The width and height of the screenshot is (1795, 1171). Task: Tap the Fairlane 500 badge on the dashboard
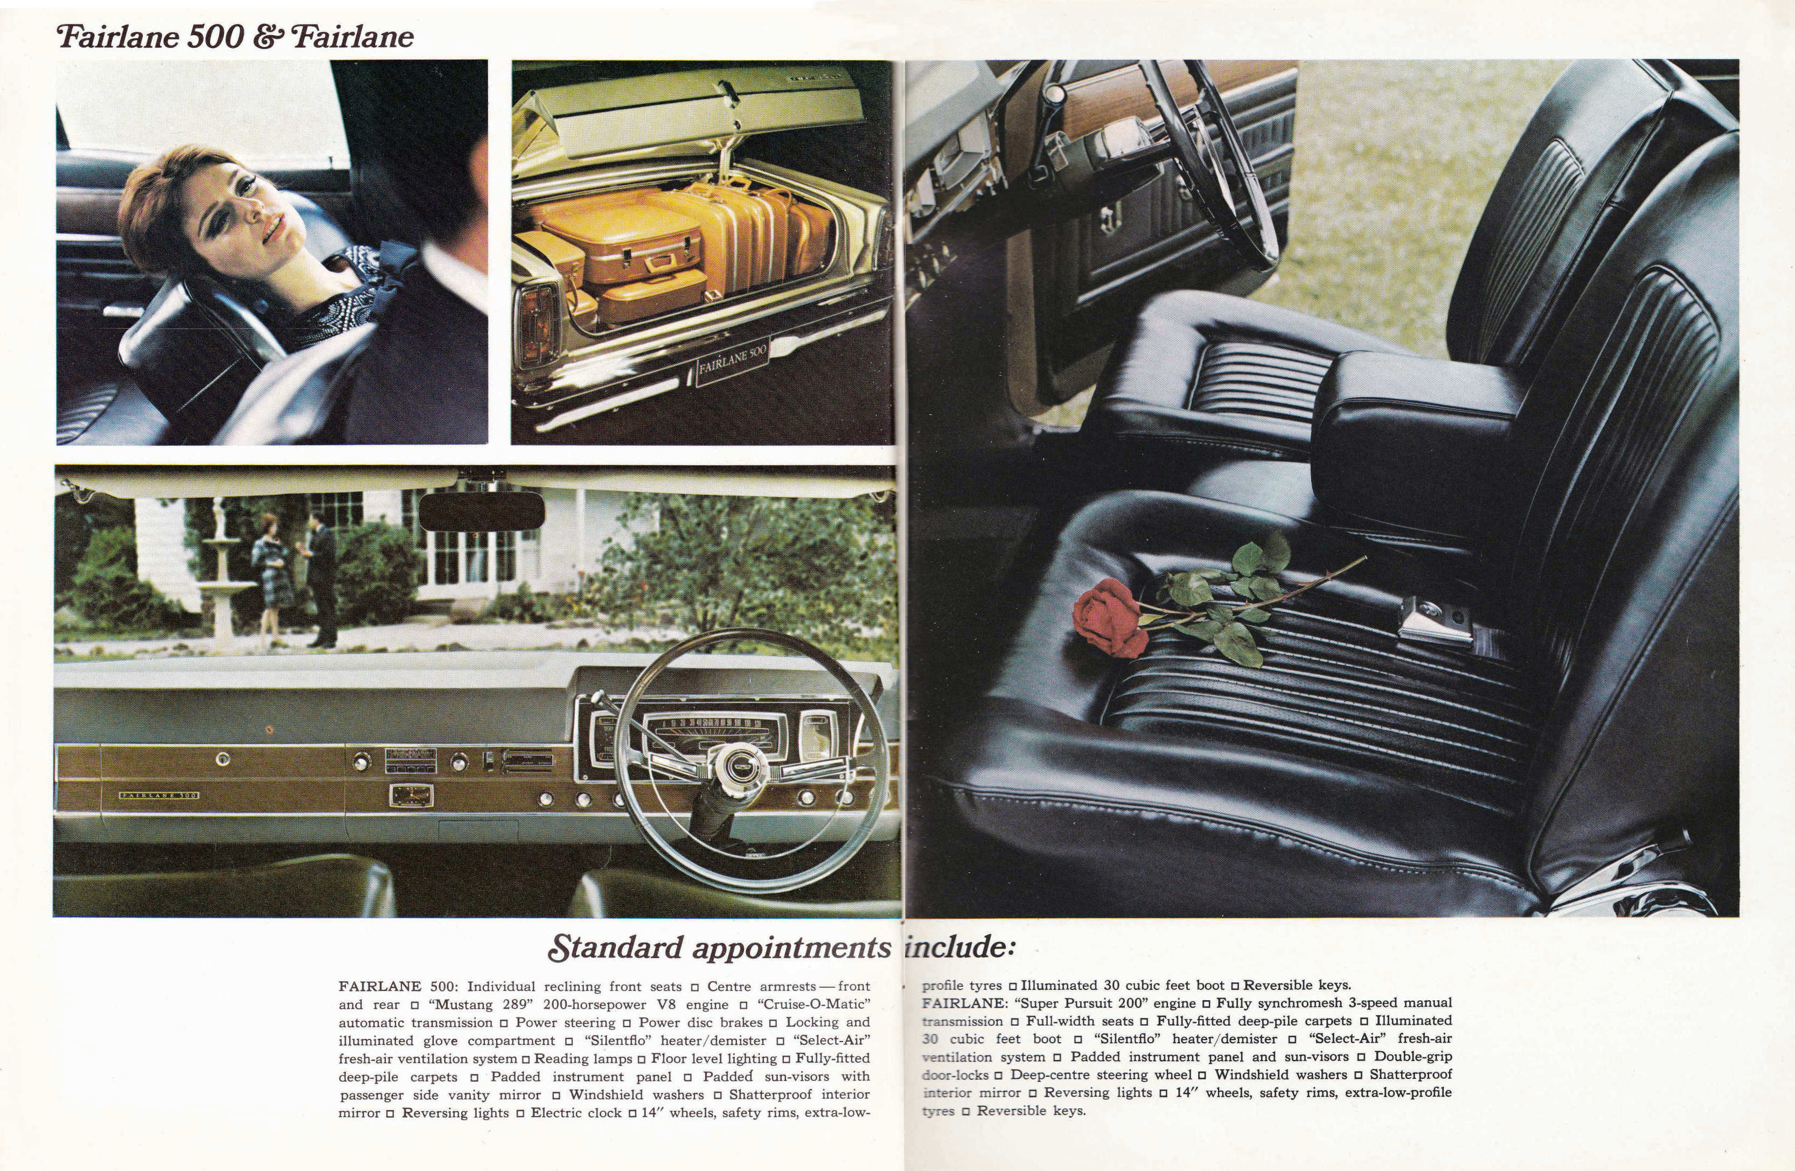159,795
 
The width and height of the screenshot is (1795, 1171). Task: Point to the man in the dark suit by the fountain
321,578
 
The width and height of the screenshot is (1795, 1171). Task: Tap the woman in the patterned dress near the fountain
271,577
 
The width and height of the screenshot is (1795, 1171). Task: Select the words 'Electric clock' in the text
577,1113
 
